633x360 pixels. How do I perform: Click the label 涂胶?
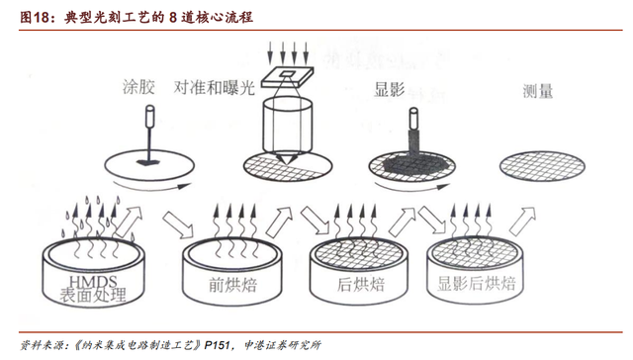click(138, 87)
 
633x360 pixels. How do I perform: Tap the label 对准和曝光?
click(215, 87)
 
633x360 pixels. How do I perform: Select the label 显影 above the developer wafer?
click(389, 89)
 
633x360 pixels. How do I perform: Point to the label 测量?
click(537, 91)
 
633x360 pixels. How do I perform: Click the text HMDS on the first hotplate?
click(93, 282)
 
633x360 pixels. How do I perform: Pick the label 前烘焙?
click(233, 285)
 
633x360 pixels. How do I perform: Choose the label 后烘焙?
click(360, 285)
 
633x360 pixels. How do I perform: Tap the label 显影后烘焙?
click(477, 283)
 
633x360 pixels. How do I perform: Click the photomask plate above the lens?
click(288, 77)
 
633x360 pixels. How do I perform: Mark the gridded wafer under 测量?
click(542, 166)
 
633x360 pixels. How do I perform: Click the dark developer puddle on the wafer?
click(412, 164)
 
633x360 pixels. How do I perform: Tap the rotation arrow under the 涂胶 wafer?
click(151, 187)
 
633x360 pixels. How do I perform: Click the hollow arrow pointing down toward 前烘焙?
click(178, 225)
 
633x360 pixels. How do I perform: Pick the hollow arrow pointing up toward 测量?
click(522, 222)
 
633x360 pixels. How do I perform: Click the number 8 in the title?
click(173, 18)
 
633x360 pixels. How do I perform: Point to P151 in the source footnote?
click(217, 345)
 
